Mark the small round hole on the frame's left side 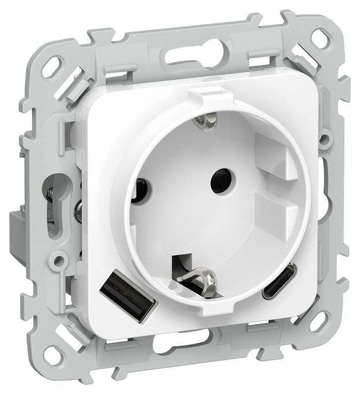click(x=60, y=258)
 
